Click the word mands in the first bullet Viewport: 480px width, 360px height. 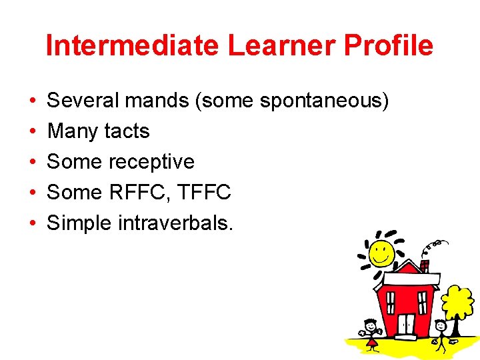(163, 101)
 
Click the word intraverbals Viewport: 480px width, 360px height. (175, 223)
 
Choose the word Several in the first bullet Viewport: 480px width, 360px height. (82, 101)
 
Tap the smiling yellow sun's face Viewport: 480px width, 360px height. (381, 253)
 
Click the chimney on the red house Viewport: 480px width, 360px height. (425, 265)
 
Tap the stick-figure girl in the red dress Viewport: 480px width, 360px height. (371, 331)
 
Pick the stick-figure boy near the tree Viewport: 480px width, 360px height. (439, 333)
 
